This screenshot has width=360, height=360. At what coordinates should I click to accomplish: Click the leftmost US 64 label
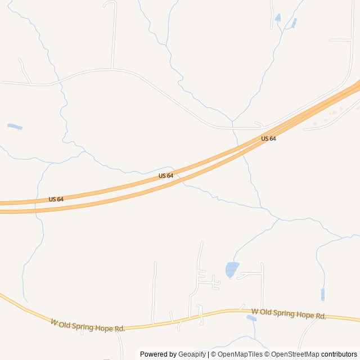56,199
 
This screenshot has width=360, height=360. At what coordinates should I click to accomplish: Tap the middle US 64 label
166,175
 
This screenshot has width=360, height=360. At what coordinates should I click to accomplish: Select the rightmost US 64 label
268,138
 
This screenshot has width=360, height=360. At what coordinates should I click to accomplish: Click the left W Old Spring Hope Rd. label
88,325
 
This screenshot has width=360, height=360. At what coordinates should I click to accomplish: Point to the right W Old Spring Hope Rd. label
289,314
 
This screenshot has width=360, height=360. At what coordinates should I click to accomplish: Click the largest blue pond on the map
231,269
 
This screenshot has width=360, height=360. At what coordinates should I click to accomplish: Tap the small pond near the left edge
15,127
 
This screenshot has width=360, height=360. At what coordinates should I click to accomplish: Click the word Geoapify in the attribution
192,354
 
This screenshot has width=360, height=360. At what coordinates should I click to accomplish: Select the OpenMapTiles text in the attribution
240,354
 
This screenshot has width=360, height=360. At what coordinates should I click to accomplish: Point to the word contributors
339,354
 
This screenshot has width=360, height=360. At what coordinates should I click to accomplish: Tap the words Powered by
158,354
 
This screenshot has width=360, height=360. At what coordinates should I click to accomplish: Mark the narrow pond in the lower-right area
323,294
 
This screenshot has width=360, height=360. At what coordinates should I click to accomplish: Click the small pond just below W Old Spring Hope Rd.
251,318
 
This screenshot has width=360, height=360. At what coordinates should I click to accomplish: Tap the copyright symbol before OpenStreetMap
267,354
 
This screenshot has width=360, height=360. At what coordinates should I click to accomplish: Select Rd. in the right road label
321,317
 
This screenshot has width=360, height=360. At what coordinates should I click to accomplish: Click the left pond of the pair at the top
278,18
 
